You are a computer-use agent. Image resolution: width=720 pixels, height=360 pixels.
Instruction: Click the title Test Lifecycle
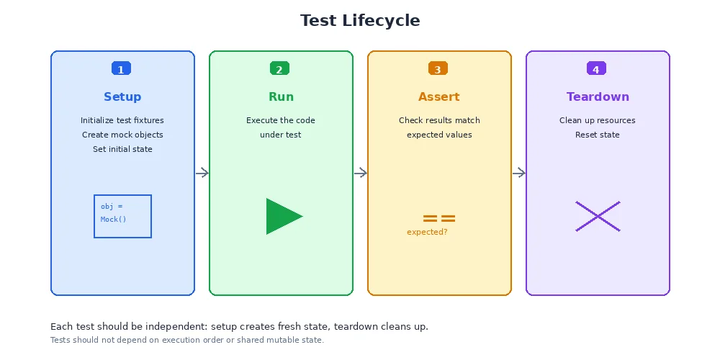[x=360, y=21]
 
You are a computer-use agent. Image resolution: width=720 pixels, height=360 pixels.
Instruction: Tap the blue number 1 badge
[x=121, y=68]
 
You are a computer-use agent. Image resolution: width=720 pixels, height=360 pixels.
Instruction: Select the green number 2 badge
[x=279, y=68]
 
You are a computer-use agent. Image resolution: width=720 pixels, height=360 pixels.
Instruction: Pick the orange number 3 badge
[x=438, y=68]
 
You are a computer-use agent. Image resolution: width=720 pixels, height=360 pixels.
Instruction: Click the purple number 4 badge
[x=596, y=68]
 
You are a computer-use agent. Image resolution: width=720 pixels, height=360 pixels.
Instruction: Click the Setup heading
[x=122, y=97]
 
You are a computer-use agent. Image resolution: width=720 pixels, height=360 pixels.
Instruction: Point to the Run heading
[x=281, y=97]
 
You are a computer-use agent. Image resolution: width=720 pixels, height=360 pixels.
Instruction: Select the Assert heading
[x=439, y=97]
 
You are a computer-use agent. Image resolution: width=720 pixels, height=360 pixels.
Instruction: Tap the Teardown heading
[x=598, y=97]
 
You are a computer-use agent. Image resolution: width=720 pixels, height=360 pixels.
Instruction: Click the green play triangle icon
[x=282, y=216]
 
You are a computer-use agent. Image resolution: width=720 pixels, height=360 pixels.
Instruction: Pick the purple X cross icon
[x=598, y=216]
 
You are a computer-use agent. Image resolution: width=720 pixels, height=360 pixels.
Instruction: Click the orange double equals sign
[x=439, y=218]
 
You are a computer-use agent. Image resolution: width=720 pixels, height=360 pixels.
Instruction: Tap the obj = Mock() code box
[x=122, y=216]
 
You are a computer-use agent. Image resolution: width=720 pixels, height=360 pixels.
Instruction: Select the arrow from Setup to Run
[x=202, y=173]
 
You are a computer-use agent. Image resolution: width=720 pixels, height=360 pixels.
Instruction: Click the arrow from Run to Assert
[x=361, y=173]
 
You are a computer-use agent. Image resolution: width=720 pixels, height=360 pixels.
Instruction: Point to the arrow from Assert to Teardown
[x=519, y=173]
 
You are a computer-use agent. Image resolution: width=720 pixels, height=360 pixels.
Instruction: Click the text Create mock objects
[x=122, y=135]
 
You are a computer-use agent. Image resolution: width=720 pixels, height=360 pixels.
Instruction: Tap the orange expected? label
[x=427, y=232]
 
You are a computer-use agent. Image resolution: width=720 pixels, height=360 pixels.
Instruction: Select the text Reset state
[x=598, y=135]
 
